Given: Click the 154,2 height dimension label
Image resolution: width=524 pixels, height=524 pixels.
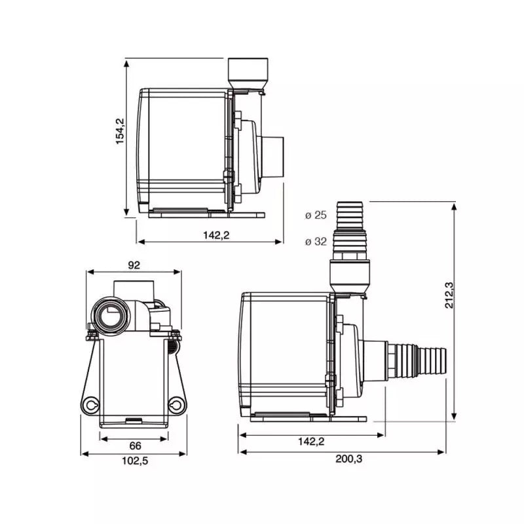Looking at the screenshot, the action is pos(120,131).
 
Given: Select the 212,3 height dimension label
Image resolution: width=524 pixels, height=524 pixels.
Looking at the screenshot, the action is pos(449,295).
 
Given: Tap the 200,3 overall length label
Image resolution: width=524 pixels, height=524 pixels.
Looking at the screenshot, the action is pos(349,459).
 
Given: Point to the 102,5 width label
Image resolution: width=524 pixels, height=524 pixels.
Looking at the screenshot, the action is pos(135,461).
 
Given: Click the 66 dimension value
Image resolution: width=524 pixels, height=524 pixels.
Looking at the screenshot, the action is pos(135,445).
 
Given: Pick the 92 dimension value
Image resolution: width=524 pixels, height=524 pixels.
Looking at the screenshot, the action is pos(134,265).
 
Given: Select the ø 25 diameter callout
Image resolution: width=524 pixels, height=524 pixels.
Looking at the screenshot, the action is pos(316,215).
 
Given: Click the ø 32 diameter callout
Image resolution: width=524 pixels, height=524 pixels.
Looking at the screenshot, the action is pos(316,241).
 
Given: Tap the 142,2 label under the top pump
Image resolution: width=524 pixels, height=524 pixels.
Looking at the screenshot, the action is pos(216,235).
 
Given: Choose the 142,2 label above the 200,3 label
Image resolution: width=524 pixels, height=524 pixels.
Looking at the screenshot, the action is pos(311,441).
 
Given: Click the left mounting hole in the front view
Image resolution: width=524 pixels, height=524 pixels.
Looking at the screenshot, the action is pos(90,405).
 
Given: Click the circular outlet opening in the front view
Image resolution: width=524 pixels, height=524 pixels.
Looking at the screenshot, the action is pos(109,315).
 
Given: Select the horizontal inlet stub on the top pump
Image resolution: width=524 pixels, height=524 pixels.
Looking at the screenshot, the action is pos(272,157).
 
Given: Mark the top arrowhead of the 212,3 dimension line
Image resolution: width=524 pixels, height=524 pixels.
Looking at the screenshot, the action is pos(454,208).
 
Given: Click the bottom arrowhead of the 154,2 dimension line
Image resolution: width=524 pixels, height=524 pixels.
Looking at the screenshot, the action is pos(126,212).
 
